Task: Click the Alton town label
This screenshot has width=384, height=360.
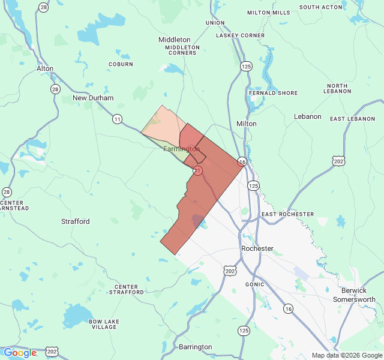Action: (x=45, y=68)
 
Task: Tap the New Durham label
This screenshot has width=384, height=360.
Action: (x=93, y=98)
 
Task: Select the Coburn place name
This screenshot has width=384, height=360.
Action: (x=121, y=64)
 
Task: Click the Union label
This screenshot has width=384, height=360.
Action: (x=215, y=23)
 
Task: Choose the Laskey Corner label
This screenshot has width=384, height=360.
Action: (x=241, y=35)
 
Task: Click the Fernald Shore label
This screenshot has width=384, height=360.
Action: (x=273, y=93)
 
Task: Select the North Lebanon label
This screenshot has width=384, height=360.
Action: (x=338, y=89)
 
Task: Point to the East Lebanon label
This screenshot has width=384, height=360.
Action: (x=353, y=119)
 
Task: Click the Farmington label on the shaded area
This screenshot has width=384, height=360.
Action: (x=181, y=149)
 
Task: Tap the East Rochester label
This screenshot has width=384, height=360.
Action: (x=287, y=214)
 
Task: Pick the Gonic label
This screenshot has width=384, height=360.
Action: (x=255, y=284)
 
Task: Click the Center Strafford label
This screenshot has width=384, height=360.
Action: (x=126, y=289)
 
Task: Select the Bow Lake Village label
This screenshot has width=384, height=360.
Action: (x=103, y=324)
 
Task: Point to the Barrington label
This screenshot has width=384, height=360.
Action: (x=196, y=347)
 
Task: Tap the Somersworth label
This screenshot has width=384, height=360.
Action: (x=354, y=299)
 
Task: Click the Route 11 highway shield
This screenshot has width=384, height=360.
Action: (x=117, y=119)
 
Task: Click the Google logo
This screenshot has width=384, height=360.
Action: (x=20, y=353)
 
